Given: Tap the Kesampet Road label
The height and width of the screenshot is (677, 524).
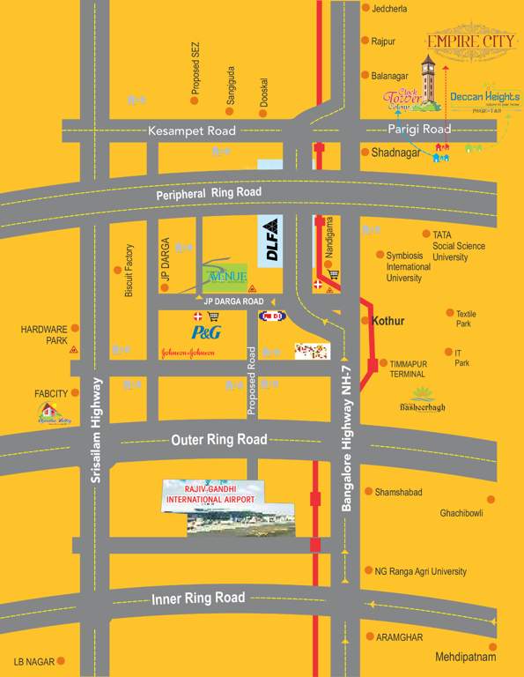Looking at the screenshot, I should [192, 130].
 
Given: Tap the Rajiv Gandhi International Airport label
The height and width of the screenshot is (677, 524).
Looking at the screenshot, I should [211, 495].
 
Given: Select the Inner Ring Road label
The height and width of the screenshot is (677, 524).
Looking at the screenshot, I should [198, 599].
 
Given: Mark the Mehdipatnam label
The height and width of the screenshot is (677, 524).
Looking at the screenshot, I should [466, 657].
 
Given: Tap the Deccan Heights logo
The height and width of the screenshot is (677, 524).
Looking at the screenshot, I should [484, 98].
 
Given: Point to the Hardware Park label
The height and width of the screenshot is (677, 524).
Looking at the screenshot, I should [44, 334].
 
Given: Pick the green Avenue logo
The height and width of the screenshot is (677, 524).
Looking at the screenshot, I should [226, 276].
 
